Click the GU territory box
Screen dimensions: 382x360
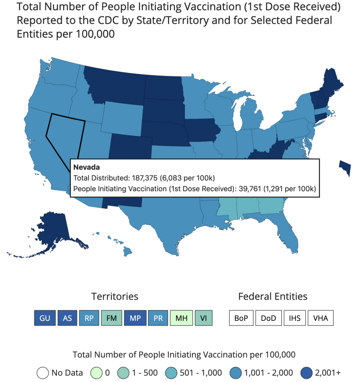pyautogui.click(x=45, y=318)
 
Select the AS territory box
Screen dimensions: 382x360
pyautogui.click(x=67, y=318)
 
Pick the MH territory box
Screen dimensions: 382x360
pyautogui.click(x=181, y=318)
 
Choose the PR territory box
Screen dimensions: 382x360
pyautogui.click(x=158, y=318)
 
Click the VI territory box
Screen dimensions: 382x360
pyautogui.click(x=203, y=318)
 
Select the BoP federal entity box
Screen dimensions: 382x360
pyautogui.click(x=241, y=318)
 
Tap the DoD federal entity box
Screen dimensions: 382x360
pyautogui.click(x=268, y=318)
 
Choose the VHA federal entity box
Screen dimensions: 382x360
pyautogui.click(x=321, y=318)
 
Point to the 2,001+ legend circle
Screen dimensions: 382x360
pyautogui.click(x=306, y=373)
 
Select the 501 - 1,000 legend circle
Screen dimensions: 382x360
pyautogui.click(x=171, y=373)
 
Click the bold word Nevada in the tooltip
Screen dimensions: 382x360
pyautogui.click(x=87, y=167)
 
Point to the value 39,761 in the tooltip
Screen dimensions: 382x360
pyautogui.click(x=250, y=189)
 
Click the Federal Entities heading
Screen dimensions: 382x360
pyautogui.click(x=272, y=296)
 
